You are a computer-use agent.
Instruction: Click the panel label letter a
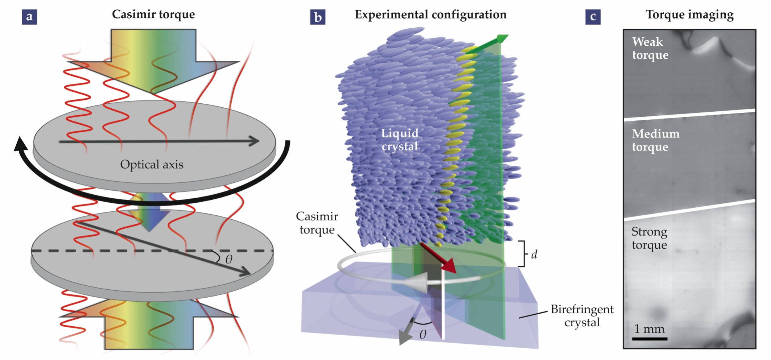pos(29,17)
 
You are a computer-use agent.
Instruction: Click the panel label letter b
pos(318,17)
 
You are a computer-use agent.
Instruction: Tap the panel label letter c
pos(593,17)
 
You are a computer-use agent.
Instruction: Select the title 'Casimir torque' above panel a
pos(153,15)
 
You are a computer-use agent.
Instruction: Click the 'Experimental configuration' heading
pos(430,15)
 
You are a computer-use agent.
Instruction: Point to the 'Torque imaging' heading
pos(689,15)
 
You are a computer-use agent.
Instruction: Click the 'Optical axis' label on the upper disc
pos(152,165)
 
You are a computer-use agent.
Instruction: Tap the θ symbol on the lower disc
pos(229,259)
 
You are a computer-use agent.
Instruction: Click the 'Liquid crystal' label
pos(400,140)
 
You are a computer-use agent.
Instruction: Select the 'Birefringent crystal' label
pos(582,316)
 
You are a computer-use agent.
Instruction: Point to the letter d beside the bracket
pos(534,255)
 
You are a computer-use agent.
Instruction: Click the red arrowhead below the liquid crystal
pos(450,266)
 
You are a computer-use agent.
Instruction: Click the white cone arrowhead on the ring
pos(417,282)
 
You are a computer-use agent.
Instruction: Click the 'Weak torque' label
pos(650,48)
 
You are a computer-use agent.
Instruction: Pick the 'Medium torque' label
pos(655,140)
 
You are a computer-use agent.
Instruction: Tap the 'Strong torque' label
pos(649,238)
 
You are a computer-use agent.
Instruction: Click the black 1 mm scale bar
pos(650,339)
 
